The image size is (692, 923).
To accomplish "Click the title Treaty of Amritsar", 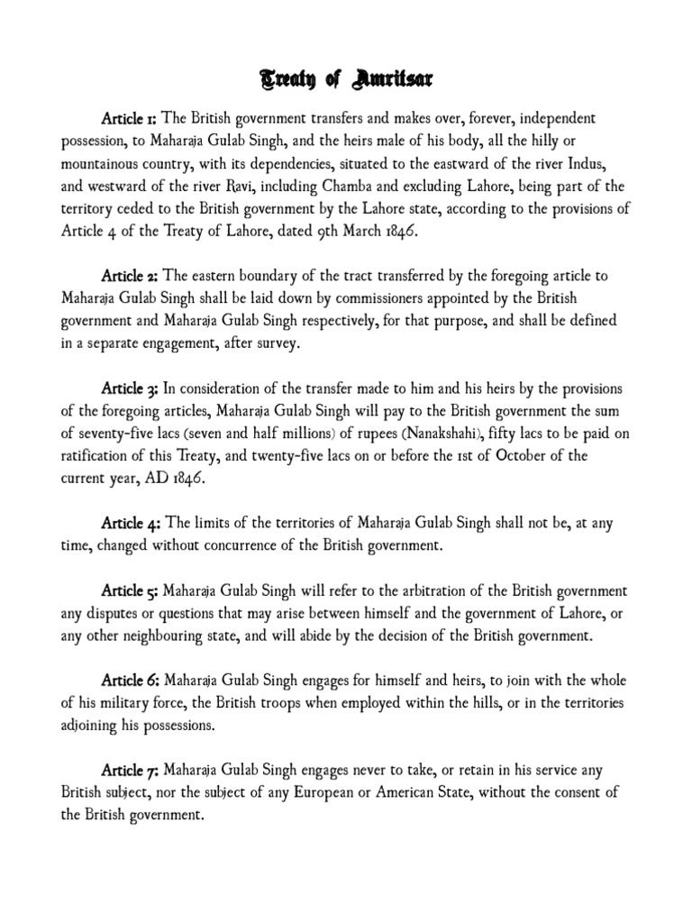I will tap(346, 81).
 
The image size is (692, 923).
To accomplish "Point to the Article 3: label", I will tap(132, 388).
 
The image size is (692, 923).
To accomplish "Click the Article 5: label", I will tap(132, 590).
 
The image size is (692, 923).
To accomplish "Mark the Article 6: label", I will tap(132, 681).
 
